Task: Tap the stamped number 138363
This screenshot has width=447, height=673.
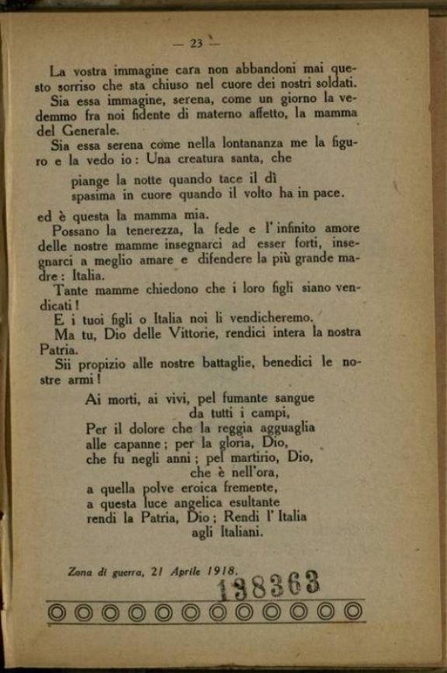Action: pyautogui.click(x=268, y=585)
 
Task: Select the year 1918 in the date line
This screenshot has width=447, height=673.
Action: pyautogui.click(x=222, y=571)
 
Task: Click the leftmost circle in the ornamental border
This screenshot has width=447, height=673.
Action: pyautogui.click(x=57, y=612)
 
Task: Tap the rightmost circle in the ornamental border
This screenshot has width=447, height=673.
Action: pyautogui.click(x=354, y=611)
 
